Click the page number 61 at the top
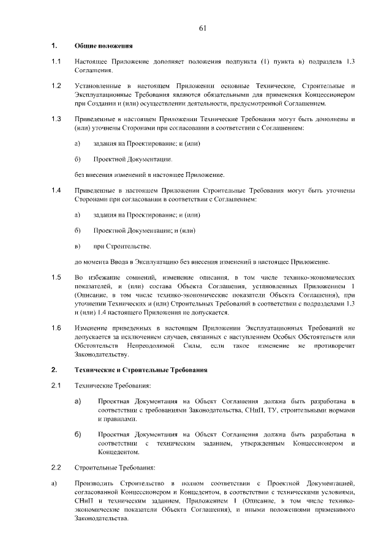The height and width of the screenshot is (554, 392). coord(203,28)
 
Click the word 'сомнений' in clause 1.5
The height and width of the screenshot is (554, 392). coord(127,277)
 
